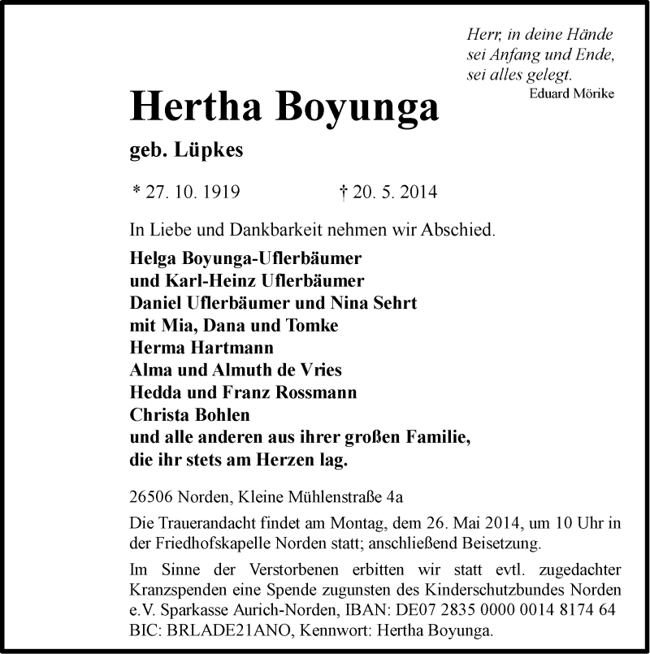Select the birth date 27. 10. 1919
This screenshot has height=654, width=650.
coord(192,193)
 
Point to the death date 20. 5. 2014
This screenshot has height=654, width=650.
coord(393,193)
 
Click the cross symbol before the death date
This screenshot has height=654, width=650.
coord(343,193)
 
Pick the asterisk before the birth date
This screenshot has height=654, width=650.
coord(135,192)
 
